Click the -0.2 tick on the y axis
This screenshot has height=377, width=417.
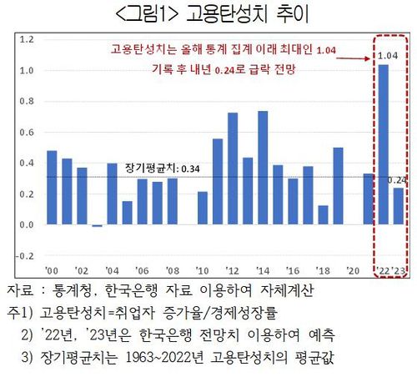point(25,255)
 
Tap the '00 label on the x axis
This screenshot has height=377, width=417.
point(51,271)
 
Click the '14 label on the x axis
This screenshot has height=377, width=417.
point(263,271)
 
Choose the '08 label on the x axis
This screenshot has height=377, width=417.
point(172,271)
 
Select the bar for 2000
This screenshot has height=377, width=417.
point(52,188)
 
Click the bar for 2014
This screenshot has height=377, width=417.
point(263,168)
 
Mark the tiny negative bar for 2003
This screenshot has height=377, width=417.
point(97,225)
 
